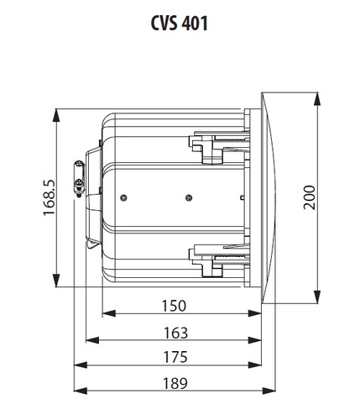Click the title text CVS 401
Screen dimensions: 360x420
pos(180,23)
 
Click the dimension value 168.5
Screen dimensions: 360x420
pos(50,197)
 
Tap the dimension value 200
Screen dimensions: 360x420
pos(310,197)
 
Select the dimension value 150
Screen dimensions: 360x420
pos(174,306)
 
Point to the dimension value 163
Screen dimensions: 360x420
pos(175,333)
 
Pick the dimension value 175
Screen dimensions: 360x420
pos(175,357)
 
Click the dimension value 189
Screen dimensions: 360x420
pos(175,383)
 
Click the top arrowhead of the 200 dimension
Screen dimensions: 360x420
pos(317,98)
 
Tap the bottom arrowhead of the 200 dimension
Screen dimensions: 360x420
pos(317,297)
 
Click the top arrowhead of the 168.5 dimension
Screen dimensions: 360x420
pos(56,115)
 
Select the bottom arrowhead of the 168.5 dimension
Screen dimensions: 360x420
pos(56,281)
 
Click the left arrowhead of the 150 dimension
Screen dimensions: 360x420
pos(109,313)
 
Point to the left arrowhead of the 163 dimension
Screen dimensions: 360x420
pos(92,340)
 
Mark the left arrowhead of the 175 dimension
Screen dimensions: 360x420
pos(81,365)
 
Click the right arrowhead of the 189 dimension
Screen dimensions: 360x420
pos(269,391)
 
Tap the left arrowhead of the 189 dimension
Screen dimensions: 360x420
pos(81,391)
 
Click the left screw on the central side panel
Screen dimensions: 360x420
pos(123,198)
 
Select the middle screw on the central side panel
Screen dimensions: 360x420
pos(189,198)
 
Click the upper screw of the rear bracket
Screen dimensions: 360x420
pos(79,163)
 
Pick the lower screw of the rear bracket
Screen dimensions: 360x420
pos(79,184)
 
